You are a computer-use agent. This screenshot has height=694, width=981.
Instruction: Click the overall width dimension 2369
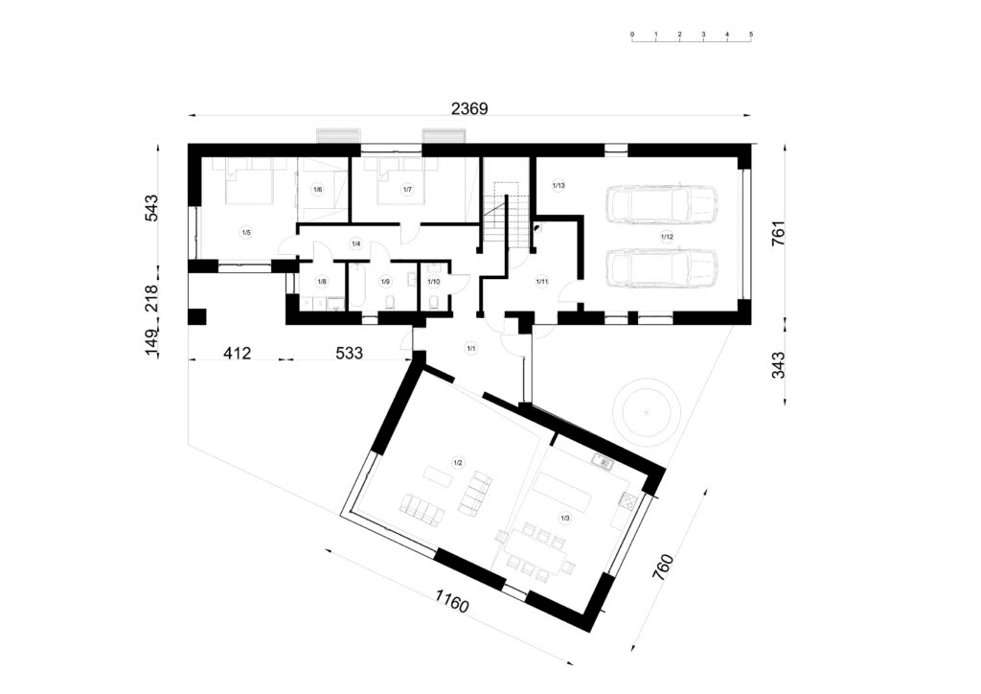469,109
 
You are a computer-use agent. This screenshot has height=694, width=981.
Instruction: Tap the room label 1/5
245,232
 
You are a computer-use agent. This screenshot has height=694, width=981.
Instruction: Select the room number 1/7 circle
407,190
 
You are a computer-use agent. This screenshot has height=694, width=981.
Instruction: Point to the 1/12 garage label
667,234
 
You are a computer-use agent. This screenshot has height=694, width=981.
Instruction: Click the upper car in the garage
663,203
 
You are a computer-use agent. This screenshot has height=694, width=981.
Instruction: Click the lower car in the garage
663,268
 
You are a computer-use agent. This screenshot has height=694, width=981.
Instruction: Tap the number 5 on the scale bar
751,35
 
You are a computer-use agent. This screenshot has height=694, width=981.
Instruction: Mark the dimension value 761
778,234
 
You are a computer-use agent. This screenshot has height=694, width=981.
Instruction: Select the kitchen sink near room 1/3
602,463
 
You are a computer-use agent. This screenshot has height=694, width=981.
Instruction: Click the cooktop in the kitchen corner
627,499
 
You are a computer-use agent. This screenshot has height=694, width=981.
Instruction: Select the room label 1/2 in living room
458,463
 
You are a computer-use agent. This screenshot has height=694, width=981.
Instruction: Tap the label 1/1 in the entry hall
470,349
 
